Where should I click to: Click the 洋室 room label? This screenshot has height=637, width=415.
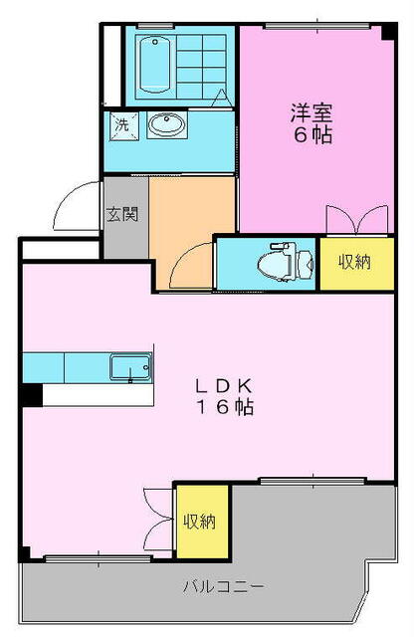pos(311,112)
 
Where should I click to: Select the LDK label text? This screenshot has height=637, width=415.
pos(234,384)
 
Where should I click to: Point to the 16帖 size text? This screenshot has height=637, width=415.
pos(234,406)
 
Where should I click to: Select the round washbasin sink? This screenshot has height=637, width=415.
pos(166,125)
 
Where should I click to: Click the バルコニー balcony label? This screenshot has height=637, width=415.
pos(224,586)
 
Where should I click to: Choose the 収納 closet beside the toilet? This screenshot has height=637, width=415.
pos(353,263)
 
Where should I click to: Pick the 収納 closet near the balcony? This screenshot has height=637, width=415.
pos(201,521)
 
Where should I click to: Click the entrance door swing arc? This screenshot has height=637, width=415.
pos(72,207)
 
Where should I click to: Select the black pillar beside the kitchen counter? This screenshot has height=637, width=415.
pos(31,394)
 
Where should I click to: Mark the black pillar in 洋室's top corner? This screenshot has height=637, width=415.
pos(387,32)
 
